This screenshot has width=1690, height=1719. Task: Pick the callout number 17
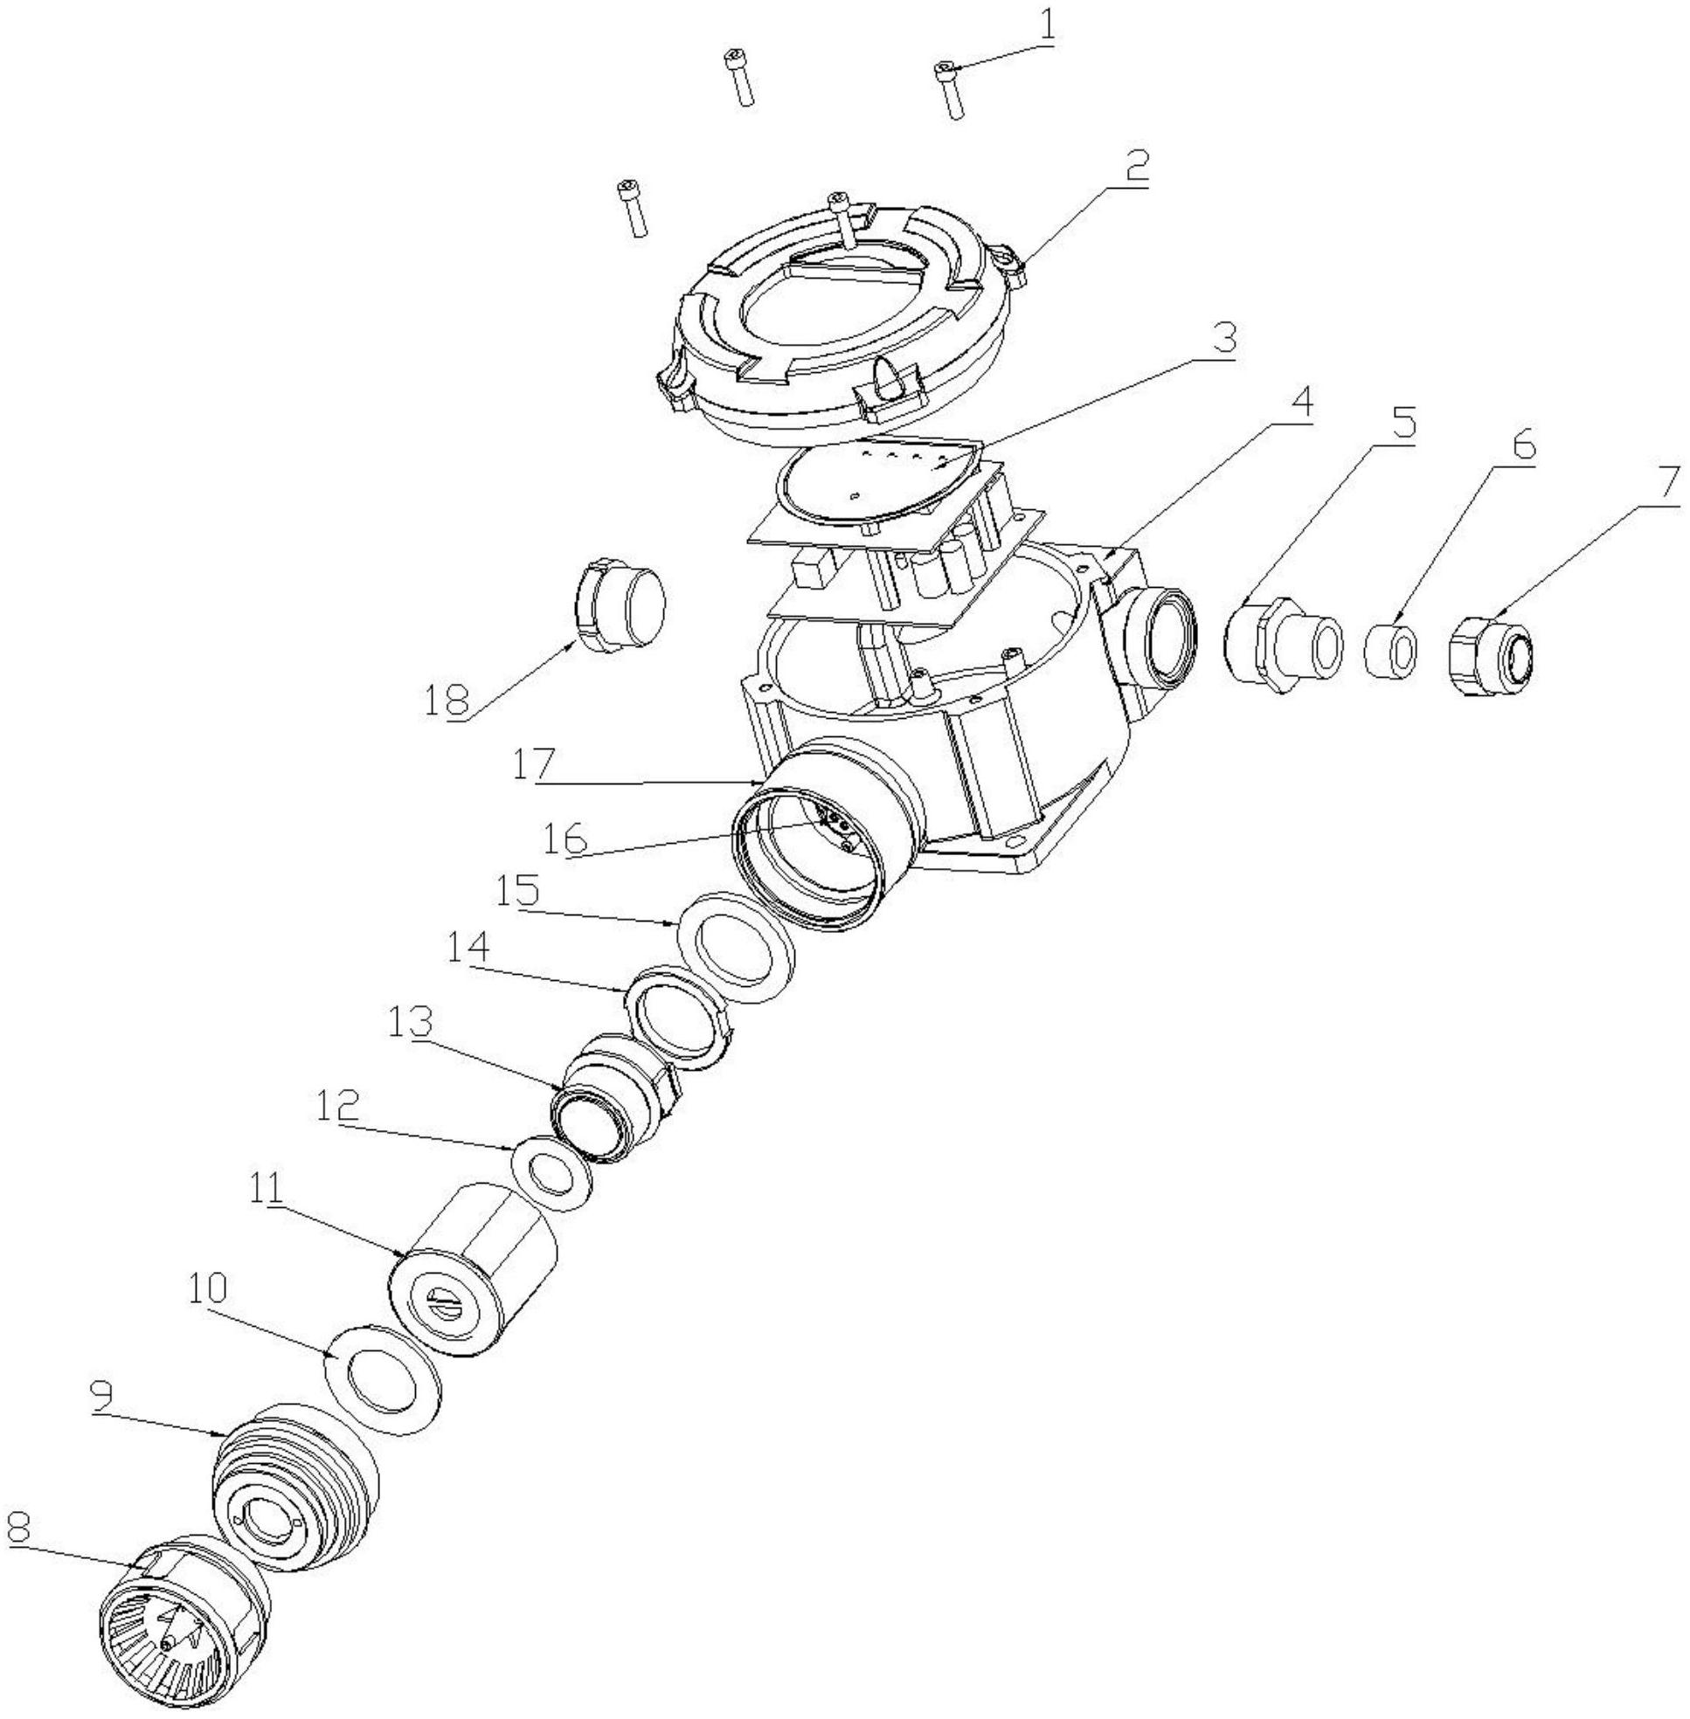(533, 765)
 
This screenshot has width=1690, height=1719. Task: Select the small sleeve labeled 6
(1390, 651)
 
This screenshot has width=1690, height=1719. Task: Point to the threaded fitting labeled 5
(1279, 645)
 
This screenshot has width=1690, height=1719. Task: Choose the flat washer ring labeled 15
(736, 948)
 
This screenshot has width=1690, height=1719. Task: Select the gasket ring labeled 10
(384, 1377)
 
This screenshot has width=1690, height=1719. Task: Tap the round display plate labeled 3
(875, 480)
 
